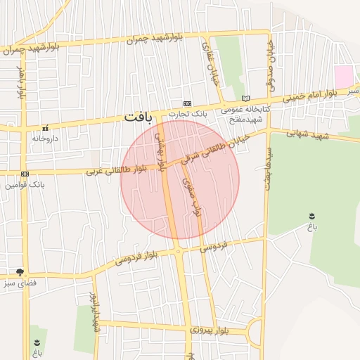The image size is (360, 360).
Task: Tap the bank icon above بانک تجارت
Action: click(187, 103)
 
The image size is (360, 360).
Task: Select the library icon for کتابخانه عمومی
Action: click(245, 98)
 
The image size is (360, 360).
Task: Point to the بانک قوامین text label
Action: click(25, 185)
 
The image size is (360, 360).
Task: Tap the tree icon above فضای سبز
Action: click(20, 272)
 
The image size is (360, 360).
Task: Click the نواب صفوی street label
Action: click(191, 197)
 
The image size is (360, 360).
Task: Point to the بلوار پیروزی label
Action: click(210, 329)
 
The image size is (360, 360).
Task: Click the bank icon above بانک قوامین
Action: click(25, 174)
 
